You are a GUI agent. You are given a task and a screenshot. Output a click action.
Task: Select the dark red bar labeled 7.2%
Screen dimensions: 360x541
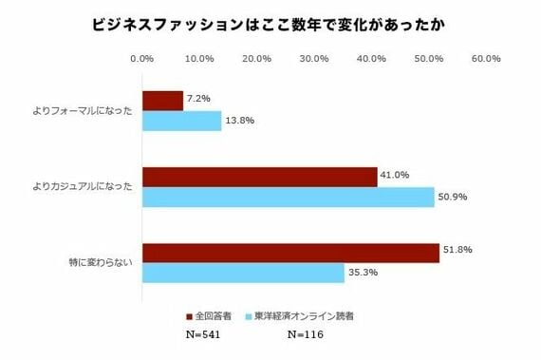[162, 101]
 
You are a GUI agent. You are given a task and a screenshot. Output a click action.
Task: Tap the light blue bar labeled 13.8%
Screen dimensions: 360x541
[181, 121]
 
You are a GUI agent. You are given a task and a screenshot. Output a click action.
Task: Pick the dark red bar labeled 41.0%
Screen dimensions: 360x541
[259, 177]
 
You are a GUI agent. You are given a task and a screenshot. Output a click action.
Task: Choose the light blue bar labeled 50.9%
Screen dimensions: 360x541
[288, 197]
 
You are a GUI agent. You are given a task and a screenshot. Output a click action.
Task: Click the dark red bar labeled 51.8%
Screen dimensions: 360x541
[290, 253]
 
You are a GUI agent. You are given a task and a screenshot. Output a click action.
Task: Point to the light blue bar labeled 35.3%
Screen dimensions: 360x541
[243, 273]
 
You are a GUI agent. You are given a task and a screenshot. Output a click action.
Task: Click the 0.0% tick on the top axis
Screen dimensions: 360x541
[141, 59]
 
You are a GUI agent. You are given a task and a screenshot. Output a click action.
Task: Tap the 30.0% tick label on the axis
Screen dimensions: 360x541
[314, 59]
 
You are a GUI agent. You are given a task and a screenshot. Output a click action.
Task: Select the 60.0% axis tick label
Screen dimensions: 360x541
[486, 59]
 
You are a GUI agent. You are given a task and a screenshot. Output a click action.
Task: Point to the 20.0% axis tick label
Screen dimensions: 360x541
[256, 59]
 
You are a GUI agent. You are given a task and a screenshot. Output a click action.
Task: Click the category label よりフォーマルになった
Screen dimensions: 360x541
[84, 110]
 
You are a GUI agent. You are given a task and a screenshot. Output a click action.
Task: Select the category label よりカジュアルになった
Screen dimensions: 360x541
[84, 186]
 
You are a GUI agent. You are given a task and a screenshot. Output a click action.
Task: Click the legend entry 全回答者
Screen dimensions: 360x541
[214, 314]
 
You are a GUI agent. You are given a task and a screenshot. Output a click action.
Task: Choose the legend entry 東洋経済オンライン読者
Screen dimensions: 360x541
[304, 314]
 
